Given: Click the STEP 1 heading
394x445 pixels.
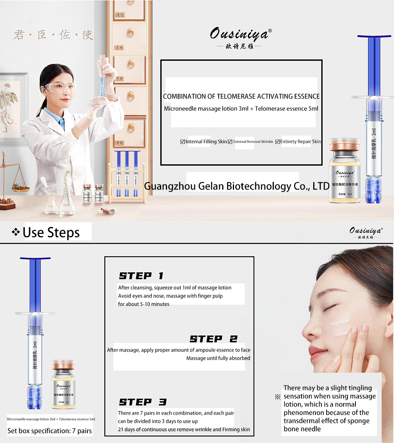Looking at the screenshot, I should pos(141,276).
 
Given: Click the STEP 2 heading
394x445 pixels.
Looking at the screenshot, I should pos(214,339).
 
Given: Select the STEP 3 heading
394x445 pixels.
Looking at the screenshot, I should pos(143,402).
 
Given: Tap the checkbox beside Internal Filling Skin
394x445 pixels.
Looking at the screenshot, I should pos(182,142).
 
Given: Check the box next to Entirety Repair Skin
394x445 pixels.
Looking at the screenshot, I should pos(277,142).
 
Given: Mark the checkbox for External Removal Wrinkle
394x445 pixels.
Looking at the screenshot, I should pos(230,142).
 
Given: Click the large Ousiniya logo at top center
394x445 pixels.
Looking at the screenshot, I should pos(240,34).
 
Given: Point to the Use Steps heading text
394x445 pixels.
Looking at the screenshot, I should pos(51,233).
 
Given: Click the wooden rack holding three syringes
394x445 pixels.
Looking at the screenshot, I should pos(126,177).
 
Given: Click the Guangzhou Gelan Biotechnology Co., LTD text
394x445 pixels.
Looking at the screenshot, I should pos(236,186).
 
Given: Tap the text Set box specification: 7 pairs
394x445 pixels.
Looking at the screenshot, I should pos(50,431).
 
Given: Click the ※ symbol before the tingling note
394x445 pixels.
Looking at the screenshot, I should pos(277,397).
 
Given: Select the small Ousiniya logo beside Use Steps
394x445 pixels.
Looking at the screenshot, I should pos(365,232).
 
